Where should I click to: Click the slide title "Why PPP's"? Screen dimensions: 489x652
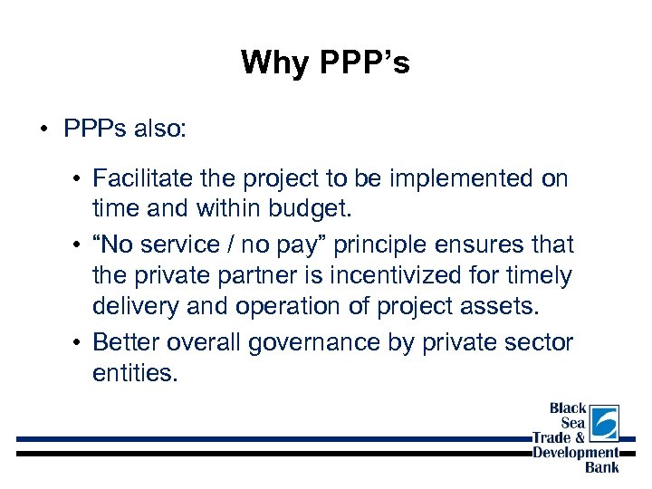pos(325,62)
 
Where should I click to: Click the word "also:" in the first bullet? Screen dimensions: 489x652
pos(159,129)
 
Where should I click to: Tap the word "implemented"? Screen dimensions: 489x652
pos(461,178)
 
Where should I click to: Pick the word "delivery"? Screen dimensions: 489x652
pos(134,306)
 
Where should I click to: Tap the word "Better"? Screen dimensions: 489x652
pos(125,341)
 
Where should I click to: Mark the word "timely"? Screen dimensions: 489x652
pos(539,274)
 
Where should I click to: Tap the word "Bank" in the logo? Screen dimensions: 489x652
pos(602,467)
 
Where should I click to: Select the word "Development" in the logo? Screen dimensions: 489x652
pos(576,453)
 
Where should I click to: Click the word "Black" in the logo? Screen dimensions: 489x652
pos(568,408)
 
